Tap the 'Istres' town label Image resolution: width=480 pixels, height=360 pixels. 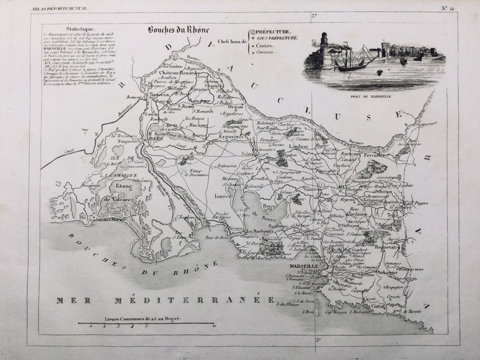[223, 196]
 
